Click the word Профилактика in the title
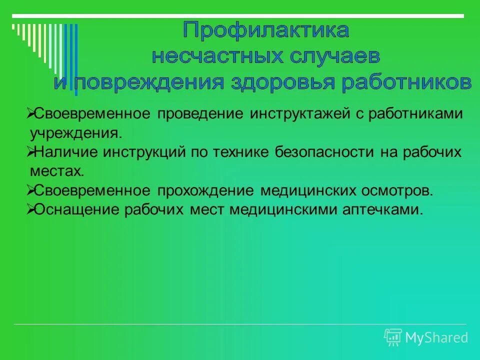click(265, 31)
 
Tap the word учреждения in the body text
click(75, 133)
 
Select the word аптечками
click(382, 209)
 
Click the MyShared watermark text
click(436, 337)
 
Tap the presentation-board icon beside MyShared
click(393, 337)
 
